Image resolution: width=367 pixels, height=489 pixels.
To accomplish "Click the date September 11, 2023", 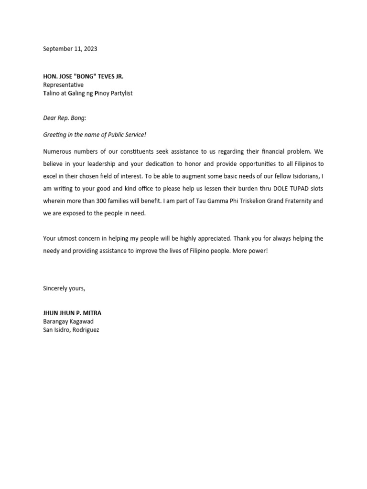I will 70,49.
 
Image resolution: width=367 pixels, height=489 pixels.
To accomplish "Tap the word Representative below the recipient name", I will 63,85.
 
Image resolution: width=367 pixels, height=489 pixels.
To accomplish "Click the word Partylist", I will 120,93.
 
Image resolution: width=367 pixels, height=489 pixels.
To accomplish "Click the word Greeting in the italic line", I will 54,135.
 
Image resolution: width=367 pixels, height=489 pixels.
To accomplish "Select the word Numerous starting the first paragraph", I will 57,151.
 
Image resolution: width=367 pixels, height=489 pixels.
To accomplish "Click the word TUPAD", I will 303,189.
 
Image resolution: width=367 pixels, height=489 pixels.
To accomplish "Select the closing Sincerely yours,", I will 64,288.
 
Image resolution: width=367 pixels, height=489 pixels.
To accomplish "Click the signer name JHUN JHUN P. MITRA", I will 72,313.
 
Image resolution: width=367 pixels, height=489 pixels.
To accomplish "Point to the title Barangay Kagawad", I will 68,321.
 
